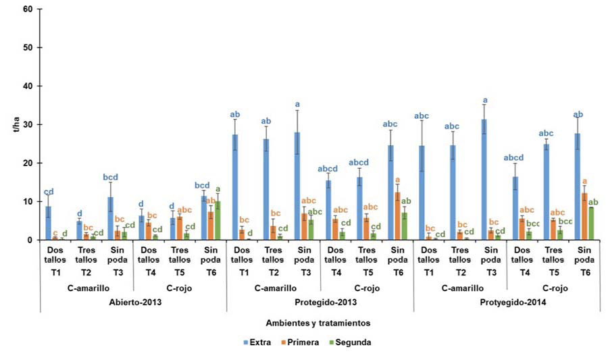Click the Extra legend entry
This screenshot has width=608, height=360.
pyautogui.click(x=259, y=342)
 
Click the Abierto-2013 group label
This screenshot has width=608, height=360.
pyautogui.click(x=134, y=302)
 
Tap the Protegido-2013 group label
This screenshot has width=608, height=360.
pyautogui.click(x=320, y=302)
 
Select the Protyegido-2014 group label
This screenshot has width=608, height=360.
pyautogui.click(x=507, y=302)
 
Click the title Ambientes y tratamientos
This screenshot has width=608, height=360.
pyautogui.click(x=320, y=324)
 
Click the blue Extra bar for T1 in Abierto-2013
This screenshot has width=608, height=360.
pyautogui.click(x=47, y=223)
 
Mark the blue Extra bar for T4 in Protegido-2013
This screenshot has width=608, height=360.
pyautogui.click(x=328, y=210)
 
